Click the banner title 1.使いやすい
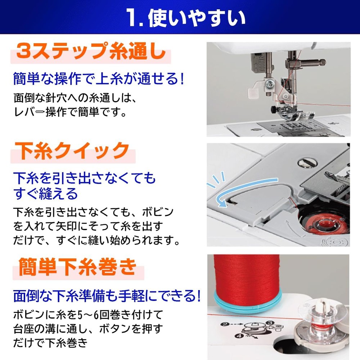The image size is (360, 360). tap(186, 18)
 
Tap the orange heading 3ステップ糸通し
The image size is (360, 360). tap(91, 51)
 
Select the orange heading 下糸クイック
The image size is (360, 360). tap(72, 150)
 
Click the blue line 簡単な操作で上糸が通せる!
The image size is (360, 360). tap(99, 78)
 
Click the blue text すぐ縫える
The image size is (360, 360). tap(45, 194)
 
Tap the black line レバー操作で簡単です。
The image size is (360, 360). tap(70, 112)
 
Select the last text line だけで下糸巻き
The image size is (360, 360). tap(50, 343)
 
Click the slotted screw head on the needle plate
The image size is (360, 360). tap(307, 163)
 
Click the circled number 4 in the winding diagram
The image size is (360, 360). tap(239, 336)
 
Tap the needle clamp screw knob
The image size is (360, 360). tap(322, 62)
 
